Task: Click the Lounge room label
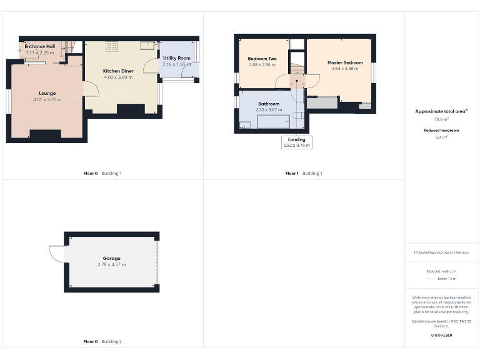coord(47,93)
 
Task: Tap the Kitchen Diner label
coord(118,71)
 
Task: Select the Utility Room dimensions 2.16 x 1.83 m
coord(176,64)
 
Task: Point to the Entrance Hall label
coord(39,46)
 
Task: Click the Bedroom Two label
coord(262,59)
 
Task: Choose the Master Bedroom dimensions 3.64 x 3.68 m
coord(345,68)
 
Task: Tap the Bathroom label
coord(269,104)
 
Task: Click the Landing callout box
coord(297,142)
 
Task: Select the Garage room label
coord(112,258)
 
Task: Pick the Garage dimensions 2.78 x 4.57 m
coord(112,264)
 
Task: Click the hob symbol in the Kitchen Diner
coord(112,46)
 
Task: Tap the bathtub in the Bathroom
coord(273,121)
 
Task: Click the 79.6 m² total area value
coord(441,118)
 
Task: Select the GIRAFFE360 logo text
coord(441,336)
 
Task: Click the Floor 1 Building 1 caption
coord(304,173)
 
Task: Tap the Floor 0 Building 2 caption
coord(102,342)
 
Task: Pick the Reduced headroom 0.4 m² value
coord(441,137)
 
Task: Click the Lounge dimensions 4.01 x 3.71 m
coord(47,99)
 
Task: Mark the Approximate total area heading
coord(441,111)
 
